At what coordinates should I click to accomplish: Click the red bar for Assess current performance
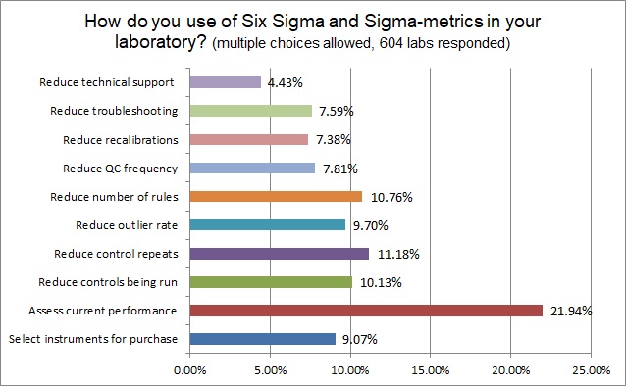point(365,311)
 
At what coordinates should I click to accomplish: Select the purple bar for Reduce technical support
point(225,82)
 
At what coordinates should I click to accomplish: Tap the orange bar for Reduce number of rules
point(276,196)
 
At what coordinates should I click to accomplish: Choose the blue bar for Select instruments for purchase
point(262,340)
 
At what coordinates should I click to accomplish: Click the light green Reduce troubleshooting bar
point(250,111)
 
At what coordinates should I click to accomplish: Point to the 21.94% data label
point(571,311)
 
